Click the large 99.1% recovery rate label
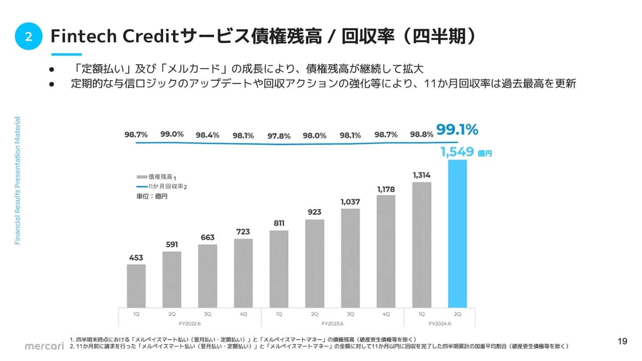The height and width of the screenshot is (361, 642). coord(457,130)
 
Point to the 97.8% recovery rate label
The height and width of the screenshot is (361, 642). coord(279,136)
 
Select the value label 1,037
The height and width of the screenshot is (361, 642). coord(350,202)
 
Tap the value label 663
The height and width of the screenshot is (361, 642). coord(208,237)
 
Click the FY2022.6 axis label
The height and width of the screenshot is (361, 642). coord(189,324)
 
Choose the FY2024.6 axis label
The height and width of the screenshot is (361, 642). coord(439,324)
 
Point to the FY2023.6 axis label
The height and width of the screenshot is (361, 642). coord(332,324)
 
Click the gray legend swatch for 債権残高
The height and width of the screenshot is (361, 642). coord(141,176)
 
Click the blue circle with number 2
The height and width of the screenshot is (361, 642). coord(28,36)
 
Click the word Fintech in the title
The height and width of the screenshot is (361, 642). coord(81,36)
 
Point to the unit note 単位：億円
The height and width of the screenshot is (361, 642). coord(152,196)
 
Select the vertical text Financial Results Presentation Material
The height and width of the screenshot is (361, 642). coord(17,181)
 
